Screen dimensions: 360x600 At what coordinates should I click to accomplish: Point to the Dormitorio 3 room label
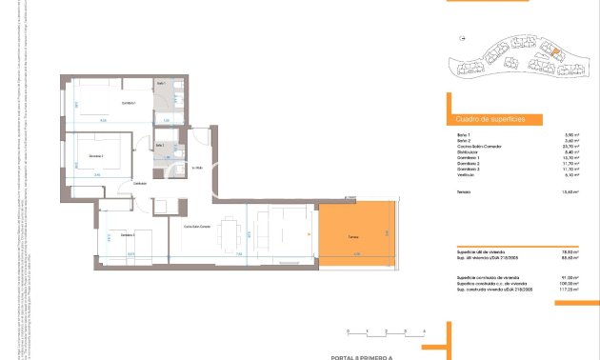pyautogui.click(x=128, y=234)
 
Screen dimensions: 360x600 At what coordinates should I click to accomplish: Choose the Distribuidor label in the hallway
pyautogui.click(x=140, y=182)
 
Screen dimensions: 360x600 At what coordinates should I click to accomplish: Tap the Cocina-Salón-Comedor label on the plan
pyautogui.click(x=196, y=225)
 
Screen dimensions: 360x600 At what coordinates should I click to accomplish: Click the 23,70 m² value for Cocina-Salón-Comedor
pyautogui.click(x=571, y=146)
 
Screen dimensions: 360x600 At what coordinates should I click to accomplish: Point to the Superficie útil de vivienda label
pyautogui.click(x=480, y=252)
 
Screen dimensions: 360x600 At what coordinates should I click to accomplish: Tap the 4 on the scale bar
pyautogui.click(x=421, y=330)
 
